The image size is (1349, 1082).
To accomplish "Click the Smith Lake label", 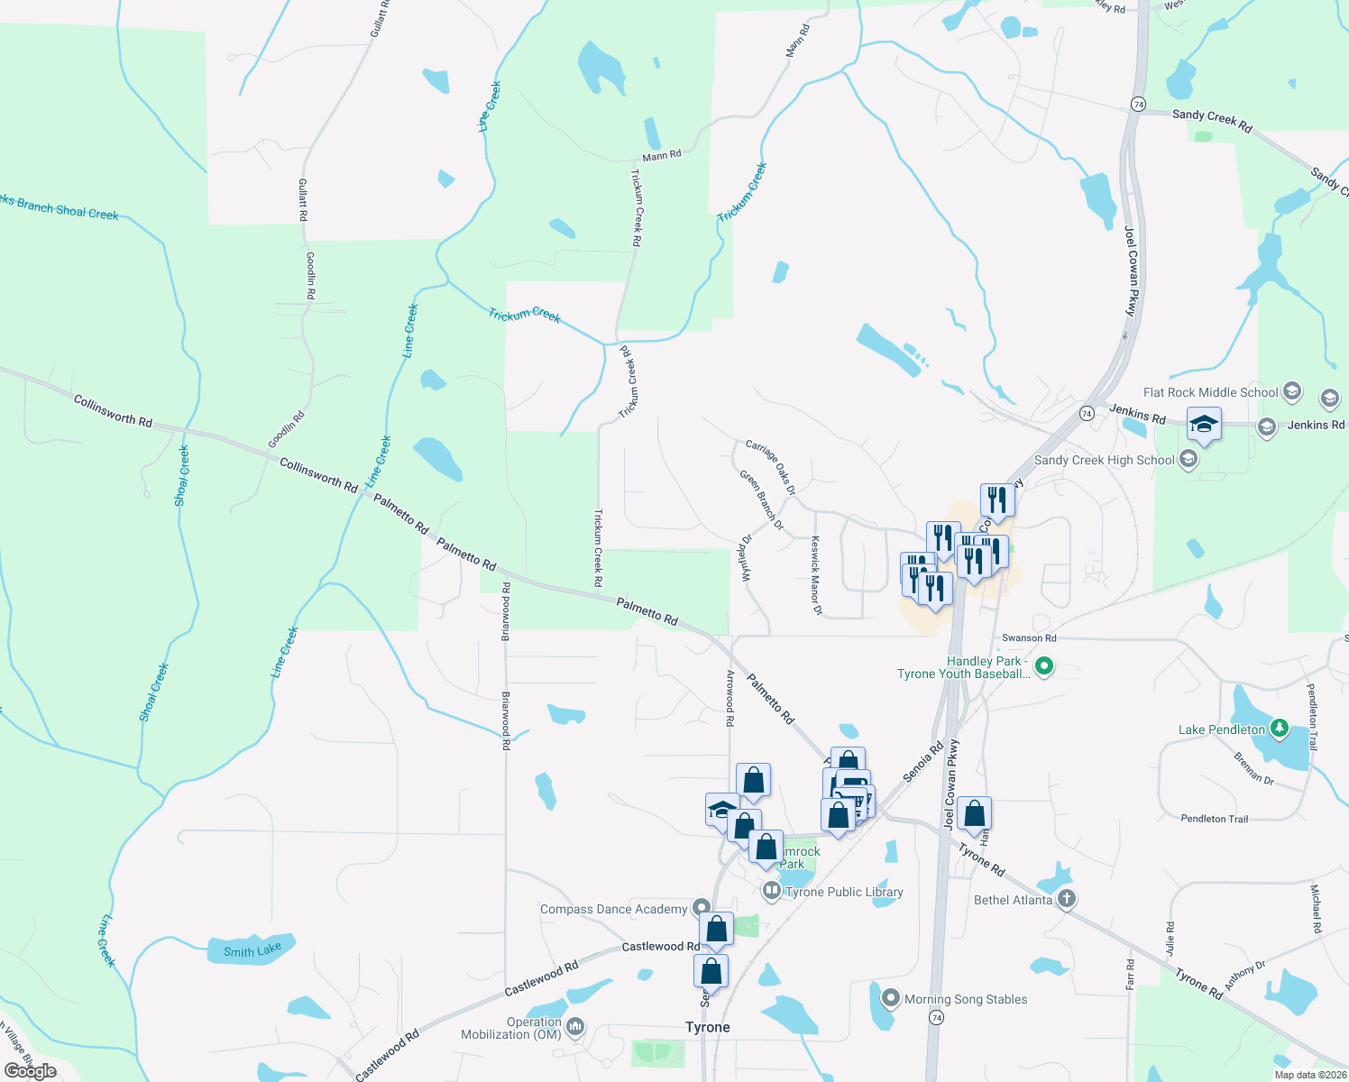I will click(252, 950).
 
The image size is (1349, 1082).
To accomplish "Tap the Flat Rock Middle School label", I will click(1210, 392).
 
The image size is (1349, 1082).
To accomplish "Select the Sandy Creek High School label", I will click(1104, 460).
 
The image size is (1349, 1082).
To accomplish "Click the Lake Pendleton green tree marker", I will click(1279, 728).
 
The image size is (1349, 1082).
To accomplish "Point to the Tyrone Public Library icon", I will click(771, 892).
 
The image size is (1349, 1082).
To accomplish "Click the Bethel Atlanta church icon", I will click(1066, 899).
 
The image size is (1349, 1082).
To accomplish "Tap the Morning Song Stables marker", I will click(891, 998).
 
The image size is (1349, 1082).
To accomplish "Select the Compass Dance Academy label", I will click(613, 909).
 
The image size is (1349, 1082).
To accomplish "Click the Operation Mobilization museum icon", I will click(575, 1027).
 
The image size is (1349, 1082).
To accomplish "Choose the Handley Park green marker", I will click(1044, 667).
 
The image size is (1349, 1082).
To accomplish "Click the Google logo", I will click(30, 1070).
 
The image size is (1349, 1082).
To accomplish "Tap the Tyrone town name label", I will click(708, 1027).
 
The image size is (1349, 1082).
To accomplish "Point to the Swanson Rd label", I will click(1029, 637).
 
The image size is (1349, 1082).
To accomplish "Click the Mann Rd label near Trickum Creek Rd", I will click(662, 156).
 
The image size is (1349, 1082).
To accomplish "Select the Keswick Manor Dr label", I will click(816, 575).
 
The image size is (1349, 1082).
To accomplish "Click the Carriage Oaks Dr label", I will click(770, 467).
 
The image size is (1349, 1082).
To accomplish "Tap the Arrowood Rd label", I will click(730, 698).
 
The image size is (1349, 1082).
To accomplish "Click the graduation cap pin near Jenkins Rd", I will click(1204, 424).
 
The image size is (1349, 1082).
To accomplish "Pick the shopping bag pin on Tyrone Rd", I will click(975, 814).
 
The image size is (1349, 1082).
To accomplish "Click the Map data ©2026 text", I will click(1309, 1075).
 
